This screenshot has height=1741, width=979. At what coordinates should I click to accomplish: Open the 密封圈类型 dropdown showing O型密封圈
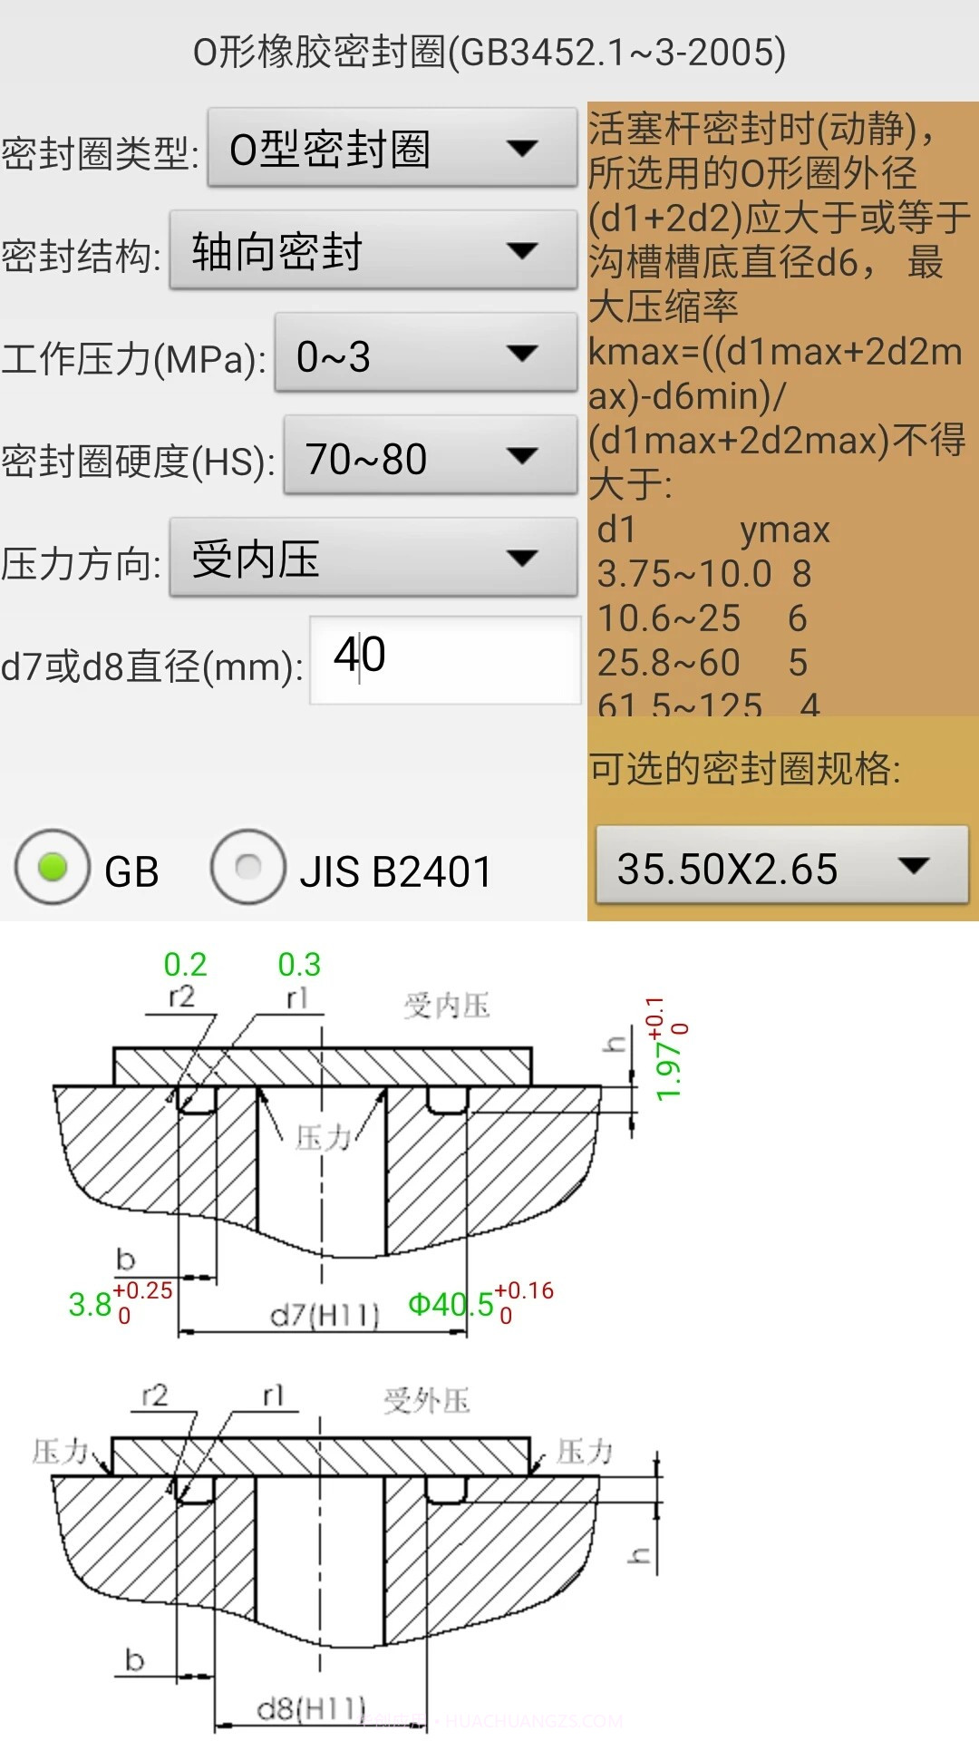point(392,149)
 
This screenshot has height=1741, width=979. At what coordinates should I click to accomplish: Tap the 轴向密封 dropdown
point(373,251)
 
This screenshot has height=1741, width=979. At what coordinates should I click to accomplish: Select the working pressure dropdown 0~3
point(425,355)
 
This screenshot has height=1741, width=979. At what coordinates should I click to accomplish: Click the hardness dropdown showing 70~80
point(430,457)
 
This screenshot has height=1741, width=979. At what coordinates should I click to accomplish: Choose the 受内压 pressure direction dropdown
point(373,559)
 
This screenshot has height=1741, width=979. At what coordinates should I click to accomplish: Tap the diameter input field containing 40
point(444,659)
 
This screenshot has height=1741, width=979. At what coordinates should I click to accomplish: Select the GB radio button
point(53,868)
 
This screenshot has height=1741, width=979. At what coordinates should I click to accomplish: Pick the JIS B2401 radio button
point(248,868)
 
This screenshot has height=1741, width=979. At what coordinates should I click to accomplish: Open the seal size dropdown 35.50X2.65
point(780,867)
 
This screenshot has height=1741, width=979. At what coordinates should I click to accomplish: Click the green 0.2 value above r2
point(185,964)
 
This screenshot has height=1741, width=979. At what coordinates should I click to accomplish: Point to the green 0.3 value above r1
point(299,964)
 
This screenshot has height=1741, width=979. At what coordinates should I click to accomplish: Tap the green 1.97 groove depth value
point(668,1070)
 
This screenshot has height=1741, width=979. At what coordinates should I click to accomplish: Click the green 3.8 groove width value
point(90,1305)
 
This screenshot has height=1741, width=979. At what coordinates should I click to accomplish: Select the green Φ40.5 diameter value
point(451,1305)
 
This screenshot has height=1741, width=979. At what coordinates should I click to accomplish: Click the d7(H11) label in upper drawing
point(325,1314)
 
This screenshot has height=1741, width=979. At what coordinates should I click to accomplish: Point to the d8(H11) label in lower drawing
point(311,1709)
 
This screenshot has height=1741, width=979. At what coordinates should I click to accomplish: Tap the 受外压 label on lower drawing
point(426,1400)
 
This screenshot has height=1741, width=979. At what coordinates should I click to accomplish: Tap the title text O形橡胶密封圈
point(489,52)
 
